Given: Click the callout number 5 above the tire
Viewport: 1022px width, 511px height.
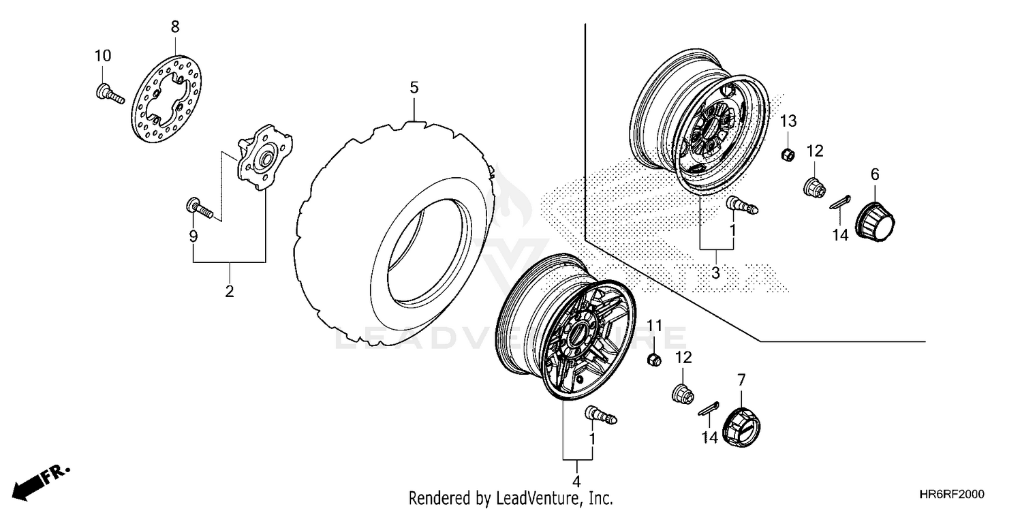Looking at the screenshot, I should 414,88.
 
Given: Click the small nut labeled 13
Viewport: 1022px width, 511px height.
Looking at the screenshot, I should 786,154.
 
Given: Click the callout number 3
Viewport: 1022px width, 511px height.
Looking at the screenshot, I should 715,273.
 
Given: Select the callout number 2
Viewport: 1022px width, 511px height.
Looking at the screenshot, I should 229,292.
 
